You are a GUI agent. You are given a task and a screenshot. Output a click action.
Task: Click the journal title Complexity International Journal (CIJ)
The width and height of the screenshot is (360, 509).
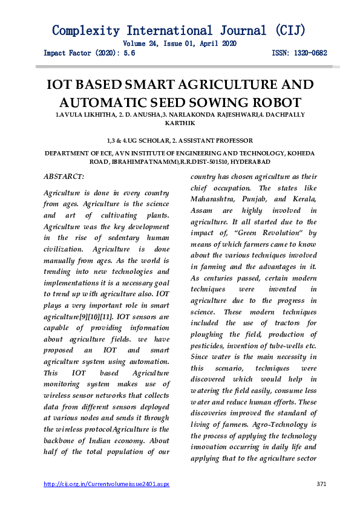[179, 30]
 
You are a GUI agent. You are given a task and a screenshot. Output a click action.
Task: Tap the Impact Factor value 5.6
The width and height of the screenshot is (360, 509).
[129, 53]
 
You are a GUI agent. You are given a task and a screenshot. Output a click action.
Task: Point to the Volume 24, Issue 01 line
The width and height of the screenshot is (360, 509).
[179, 44]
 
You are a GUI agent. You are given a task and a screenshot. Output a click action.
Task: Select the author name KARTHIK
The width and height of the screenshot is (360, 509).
[179, 123]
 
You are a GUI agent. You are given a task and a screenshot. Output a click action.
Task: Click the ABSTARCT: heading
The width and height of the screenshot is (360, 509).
[65, 176]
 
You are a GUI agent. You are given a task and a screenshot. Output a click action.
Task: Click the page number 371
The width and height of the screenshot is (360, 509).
[322, 484]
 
